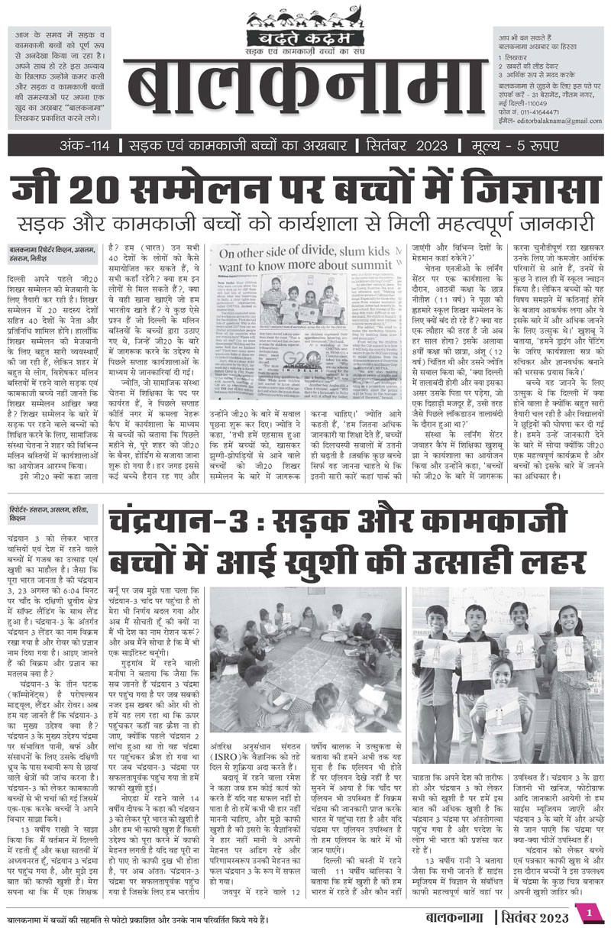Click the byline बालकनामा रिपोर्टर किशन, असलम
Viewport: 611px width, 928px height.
pos(53,251)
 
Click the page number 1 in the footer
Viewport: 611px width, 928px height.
pos(589,913)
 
